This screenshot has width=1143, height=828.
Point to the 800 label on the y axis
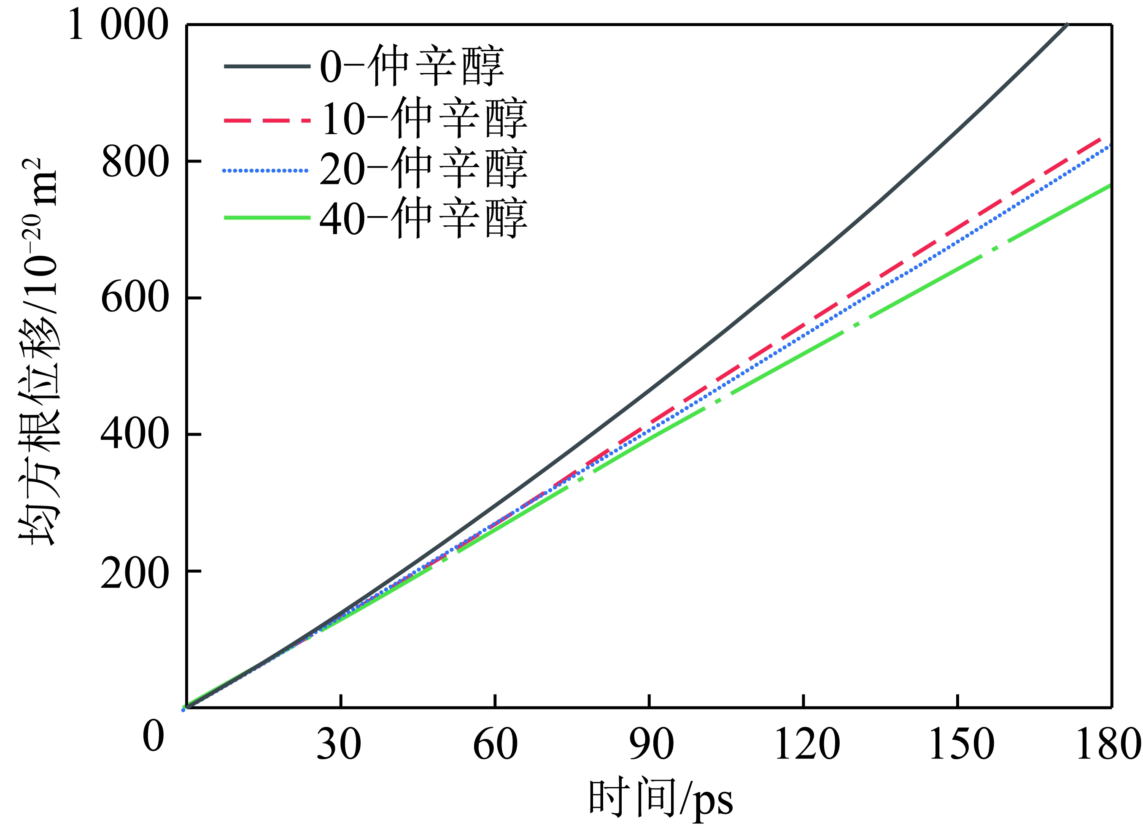point(135,162)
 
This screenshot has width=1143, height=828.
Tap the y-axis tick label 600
point(135,298)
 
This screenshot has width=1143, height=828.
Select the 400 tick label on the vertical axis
point(135,435)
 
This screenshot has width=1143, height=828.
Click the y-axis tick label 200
point(135,574)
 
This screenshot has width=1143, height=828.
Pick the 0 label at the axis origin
point(153,736)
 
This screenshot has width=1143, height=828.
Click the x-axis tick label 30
point(339,745)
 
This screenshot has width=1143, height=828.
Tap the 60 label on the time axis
point(496,745)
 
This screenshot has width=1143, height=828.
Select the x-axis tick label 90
point(651,745)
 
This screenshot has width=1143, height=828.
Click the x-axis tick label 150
point(962,745)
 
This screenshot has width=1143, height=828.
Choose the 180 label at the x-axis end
point(1109,745)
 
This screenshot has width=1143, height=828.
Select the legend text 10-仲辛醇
point(424,119)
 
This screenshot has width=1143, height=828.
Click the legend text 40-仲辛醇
point(424,218)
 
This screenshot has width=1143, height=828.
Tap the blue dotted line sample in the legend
point(266,171)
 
